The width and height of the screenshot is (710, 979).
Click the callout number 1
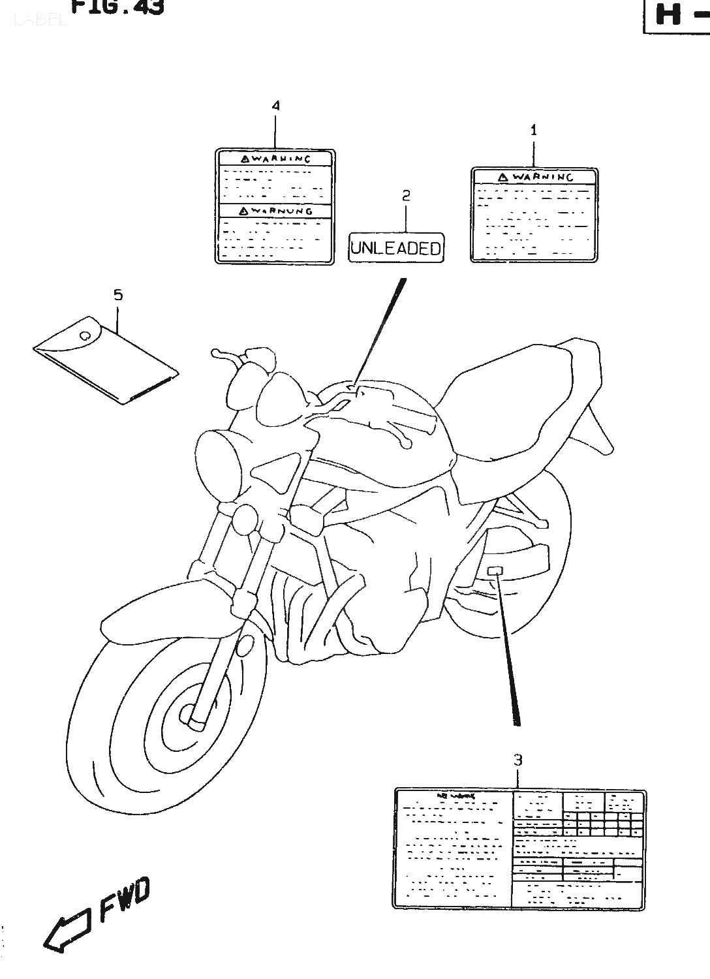pos(533,130)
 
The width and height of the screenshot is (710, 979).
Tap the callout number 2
pos(406,194)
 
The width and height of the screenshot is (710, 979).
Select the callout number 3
pos(517,760)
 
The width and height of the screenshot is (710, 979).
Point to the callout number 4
pos(275,105)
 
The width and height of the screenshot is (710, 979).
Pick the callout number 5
pos(118,295)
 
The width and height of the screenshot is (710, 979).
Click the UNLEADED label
pos(396,248)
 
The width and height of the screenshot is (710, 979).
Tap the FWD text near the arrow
pos(125,900)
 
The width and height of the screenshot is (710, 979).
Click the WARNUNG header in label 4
pos(275,211)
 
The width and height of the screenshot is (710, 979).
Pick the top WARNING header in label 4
pos(275,159)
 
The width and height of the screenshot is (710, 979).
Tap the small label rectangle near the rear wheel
pos(495,570)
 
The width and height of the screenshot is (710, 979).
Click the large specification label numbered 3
pos(519,848)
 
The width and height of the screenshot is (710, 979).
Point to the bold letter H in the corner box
pos(668,14)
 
